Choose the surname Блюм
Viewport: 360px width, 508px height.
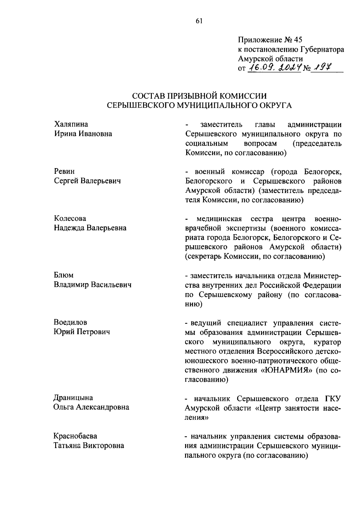pos(64,275)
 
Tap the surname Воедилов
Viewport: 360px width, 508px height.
pos(70,322)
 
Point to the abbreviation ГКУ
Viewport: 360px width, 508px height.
pos(333,398)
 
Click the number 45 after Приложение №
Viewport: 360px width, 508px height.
pos(298,40)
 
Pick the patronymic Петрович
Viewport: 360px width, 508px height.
pos(94,332)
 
